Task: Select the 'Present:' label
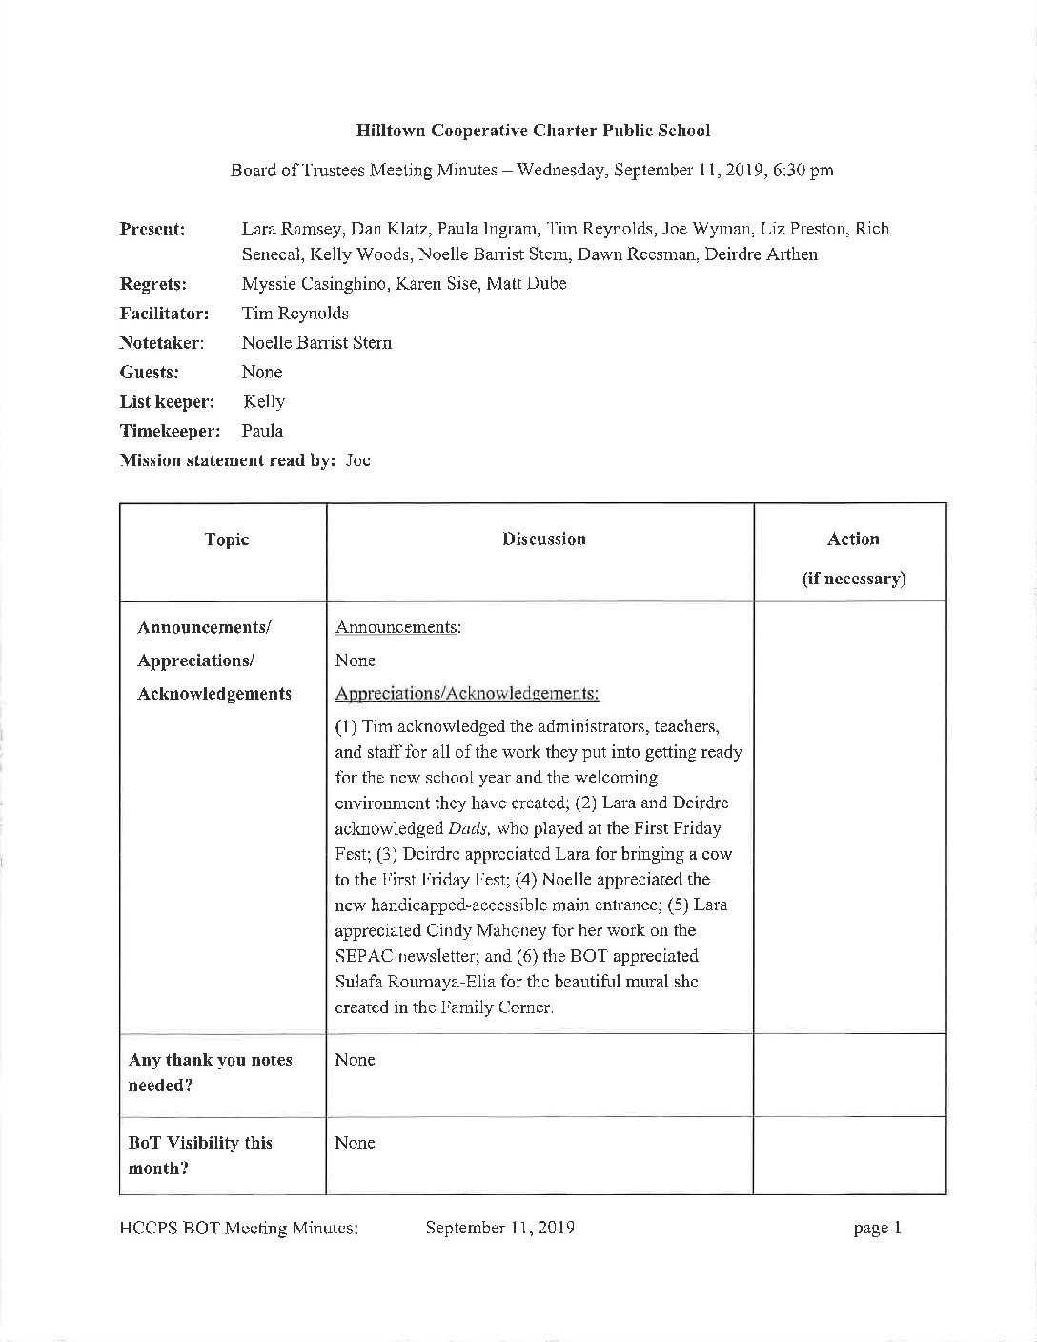click(x=152, y=229)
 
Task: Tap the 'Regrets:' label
click(x=152, y=284)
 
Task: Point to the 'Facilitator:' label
click(x=164, y=314)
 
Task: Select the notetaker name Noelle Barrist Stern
click(x=316, y=343)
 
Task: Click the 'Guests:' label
click(x=149, y=373)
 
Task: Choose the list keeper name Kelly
click(x=264, y=402)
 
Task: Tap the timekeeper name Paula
click(x=262, y=431)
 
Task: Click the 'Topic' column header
click(x=227, y=539)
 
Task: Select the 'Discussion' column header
click(x=544, y=539)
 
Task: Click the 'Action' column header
click(x=853, y=539)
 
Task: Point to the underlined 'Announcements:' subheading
click(x=398, y=628)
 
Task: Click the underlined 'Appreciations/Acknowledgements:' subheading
click(x=467, y=694)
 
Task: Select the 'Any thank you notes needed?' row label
click(x=211, y=1072)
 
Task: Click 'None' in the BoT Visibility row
click(x=355, y=1143)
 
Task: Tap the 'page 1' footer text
click(x=877, y=1229)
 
